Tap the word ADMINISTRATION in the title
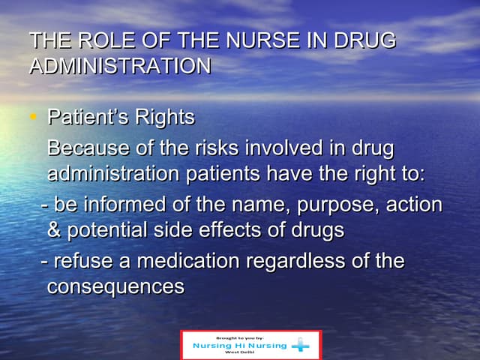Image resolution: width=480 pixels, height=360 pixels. click(x=119, y=66)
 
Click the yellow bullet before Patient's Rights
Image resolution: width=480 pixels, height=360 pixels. click(x=32, y=117)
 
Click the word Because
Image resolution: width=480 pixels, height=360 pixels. click(x=84, y=148)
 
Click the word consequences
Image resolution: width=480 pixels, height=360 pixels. click(x=115, y=287)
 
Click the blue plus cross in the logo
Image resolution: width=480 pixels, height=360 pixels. click(x=301, y=345)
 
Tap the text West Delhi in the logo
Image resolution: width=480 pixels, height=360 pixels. click(x=238, y=353)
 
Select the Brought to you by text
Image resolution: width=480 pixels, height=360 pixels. click(x=238, y=337)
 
